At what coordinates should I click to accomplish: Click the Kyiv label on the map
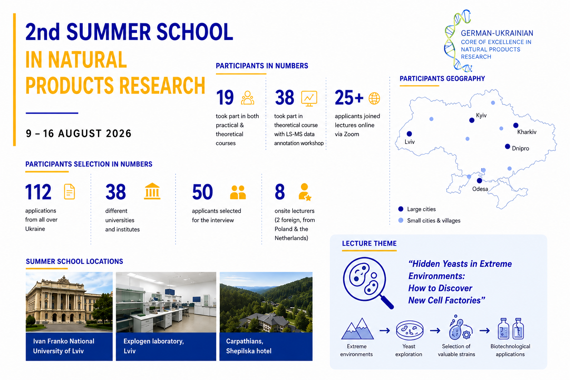pos(481,115)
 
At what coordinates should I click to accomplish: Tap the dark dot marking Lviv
pos(409,134)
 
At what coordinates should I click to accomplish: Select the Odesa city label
pos(480,189)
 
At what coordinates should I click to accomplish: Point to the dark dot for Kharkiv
pos(516,125)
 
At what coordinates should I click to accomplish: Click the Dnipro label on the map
pos(520,148)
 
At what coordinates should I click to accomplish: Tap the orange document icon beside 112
pos(69,191)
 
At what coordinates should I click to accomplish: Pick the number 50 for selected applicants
pos(202,192)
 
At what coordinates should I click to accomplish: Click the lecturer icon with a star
pos(305,192)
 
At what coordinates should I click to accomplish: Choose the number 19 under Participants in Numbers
pos(225,98)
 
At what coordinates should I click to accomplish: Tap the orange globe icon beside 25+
pos(374,98)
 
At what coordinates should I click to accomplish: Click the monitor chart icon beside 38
pos(309,98)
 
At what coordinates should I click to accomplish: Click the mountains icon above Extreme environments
pos(357,328)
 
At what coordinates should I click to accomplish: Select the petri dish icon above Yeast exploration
pos(410,330)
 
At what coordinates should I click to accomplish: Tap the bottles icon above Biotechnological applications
pos(511,328)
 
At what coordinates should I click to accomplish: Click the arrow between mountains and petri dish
pos(385,331)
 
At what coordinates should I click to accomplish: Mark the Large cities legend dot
pos(401,209)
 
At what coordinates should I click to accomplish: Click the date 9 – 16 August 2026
pos(78,134)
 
